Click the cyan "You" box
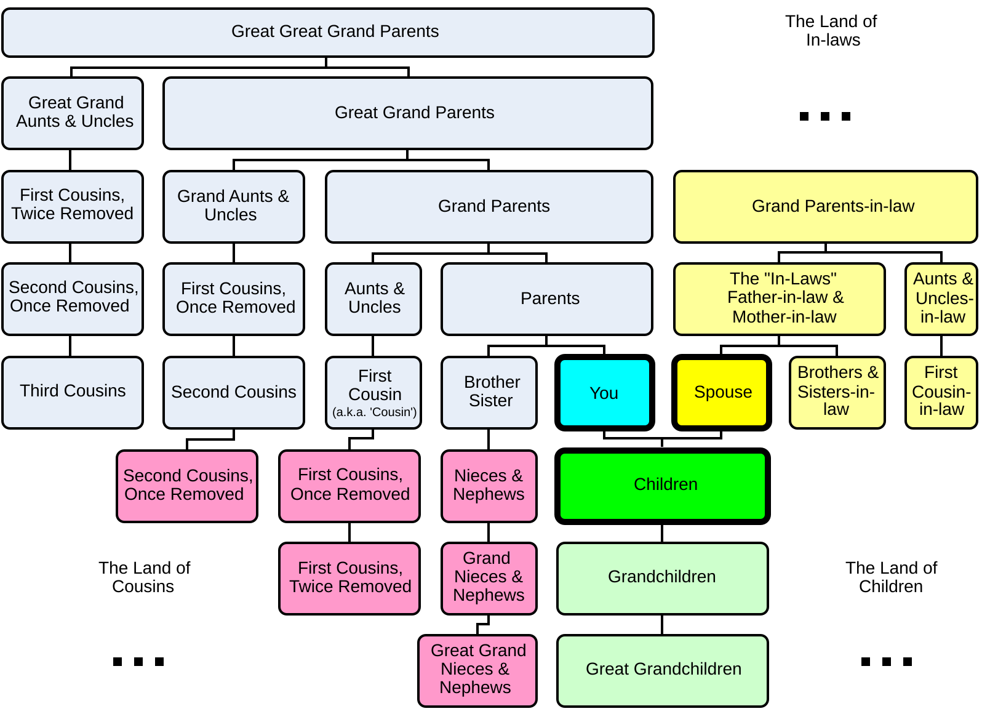click(605, 393)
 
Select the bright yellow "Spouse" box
click(722, 393)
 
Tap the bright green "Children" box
click(663, 486)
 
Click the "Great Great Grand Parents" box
click(328, 33)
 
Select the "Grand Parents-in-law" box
click(826, 207)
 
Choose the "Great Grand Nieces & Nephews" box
click(477, 670)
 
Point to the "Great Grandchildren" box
click(663, 670)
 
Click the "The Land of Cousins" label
click(144, 577)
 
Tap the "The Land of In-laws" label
click(831, 31)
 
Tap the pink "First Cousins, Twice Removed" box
click(349, 579)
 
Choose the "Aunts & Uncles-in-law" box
click(941, 299)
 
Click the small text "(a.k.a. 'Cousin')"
click(374, 412)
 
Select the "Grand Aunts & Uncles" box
click(234, 207)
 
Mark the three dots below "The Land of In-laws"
click(825, 116)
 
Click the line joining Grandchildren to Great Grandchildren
click(662, 625)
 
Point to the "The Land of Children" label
click(891, 577)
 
